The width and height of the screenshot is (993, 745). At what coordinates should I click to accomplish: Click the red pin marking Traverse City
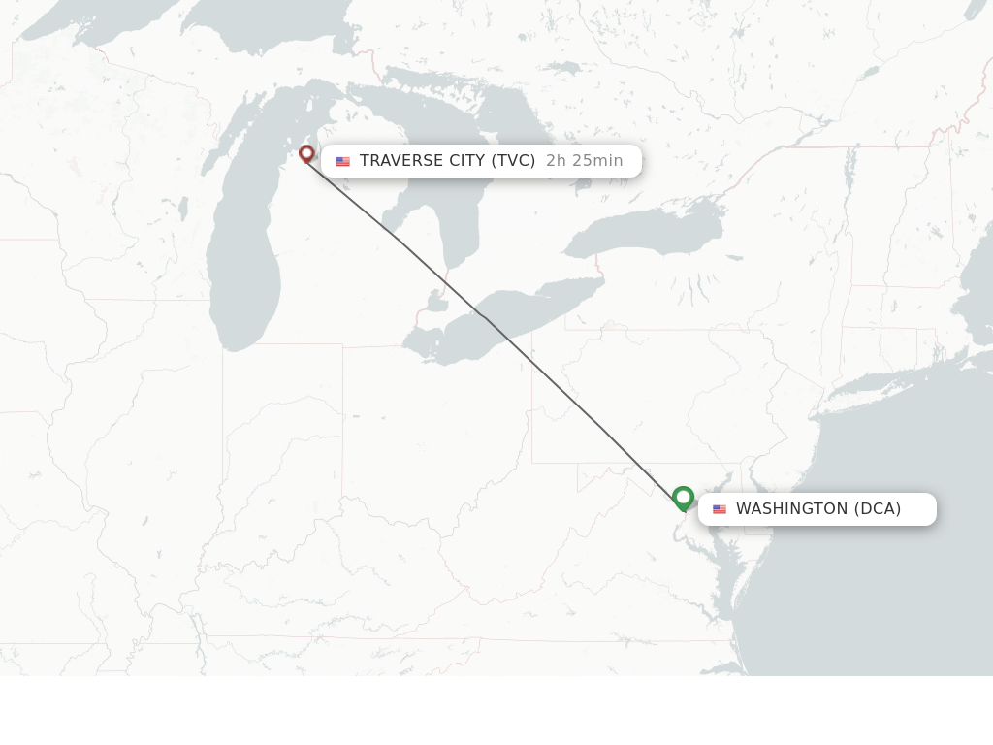coord(306,153)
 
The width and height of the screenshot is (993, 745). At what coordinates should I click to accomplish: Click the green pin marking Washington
coord(683,498)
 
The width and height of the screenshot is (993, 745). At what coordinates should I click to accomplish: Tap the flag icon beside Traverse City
coord(342,161)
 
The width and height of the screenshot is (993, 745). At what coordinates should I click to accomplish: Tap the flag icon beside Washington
coord(719,509)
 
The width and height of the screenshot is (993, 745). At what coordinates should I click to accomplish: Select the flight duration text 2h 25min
coord(584,161)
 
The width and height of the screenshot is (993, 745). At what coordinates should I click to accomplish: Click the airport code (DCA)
coord(878,509)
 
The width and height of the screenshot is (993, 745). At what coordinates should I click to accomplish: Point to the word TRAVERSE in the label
coord(400,161)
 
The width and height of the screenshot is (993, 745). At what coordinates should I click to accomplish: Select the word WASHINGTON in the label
coord(791,509)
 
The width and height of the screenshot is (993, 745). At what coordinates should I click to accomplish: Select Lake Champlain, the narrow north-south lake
coord(850,165)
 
